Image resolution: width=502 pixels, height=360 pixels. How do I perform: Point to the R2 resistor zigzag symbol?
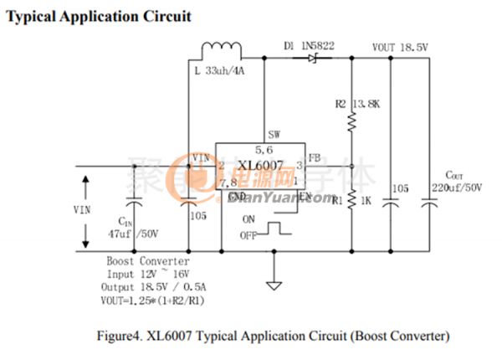pos(351,121)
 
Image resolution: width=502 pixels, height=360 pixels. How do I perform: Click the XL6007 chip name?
pos(259,165)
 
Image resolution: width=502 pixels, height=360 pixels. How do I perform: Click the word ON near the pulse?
pos(248,219)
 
